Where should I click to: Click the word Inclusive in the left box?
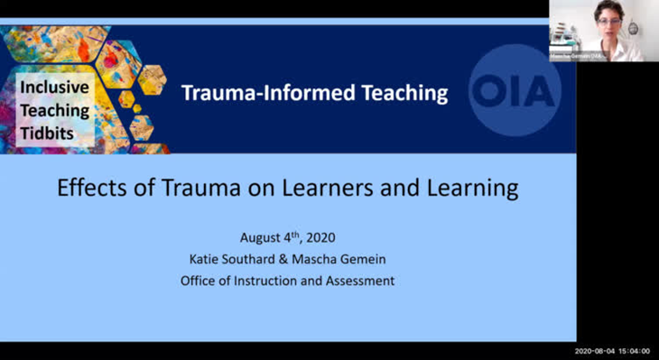tap(55, 88)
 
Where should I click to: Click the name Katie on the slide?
tap(227, 260)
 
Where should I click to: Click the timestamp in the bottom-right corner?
tap(612, 351)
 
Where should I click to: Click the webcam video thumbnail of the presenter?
tap(603, 31)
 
